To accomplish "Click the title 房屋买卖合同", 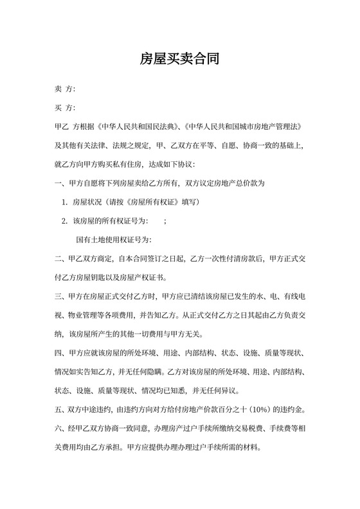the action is (180, 60).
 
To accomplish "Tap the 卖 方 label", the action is (66, 88).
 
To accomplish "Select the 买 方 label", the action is (66, 107).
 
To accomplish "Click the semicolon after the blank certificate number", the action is (166, 221).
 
